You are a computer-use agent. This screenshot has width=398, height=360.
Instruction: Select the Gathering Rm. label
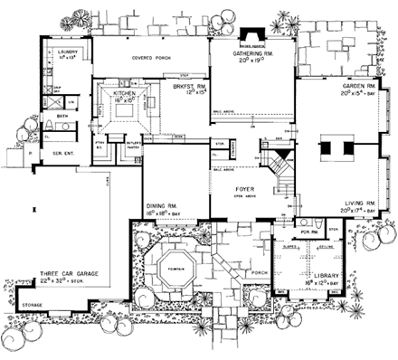tap(252, 54)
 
